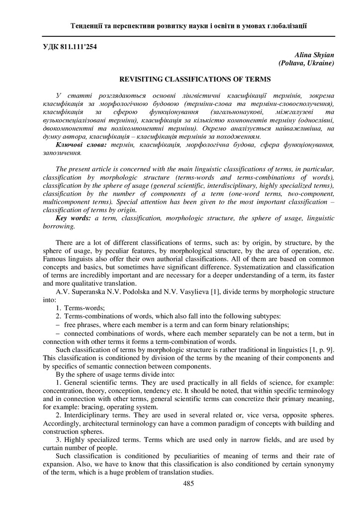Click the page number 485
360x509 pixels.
point(188,483)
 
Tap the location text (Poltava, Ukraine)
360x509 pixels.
point(306,63)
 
